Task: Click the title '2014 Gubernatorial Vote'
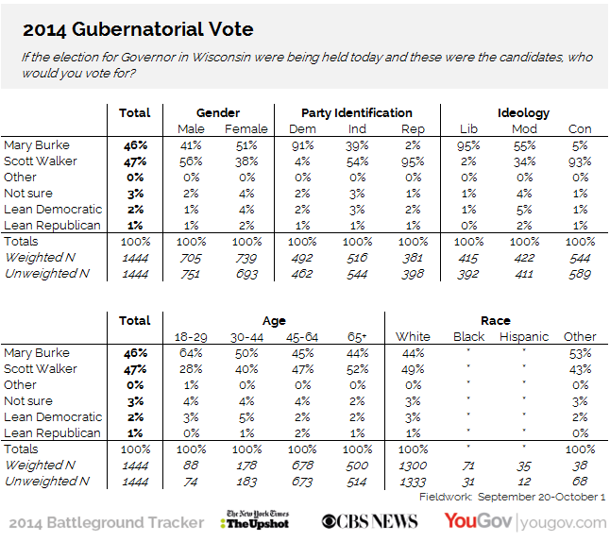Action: click(138, 29)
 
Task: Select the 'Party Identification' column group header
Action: click(357, 112)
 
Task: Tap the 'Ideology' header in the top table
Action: click(524, 113)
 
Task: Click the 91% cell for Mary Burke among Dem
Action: click(302, 145)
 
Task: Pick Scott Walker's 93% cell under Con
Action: click(580, 161)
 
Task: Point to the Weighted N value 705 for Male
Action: click(191, 258)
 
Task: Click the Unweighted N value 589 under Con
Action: click(580, 274)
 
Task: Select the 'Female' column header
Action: click(246, 128)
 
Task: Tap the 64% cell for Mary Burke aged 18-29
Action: click(191, 353)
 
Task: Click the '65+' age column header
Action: click(357, 336)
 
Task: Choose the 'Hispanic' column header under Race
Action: click(524, 336)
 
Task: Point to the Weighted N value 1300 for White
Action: click(413, 466)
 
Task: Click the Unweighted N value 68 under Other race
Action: click(580, 482)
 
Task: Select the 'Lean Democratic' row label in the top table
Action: click(53, 210)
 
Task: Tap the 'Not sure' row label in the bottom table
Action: click(28, 400)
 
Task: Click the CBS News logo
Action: click(369, 522)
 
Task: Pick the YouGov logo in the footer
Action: click(525, 522)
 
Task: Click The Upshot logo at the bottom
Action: click(255, 520)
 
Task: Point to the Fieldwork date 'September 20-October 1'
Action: click(541, 497)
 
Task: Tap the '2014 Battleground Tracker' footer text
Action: click(106, 522)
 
